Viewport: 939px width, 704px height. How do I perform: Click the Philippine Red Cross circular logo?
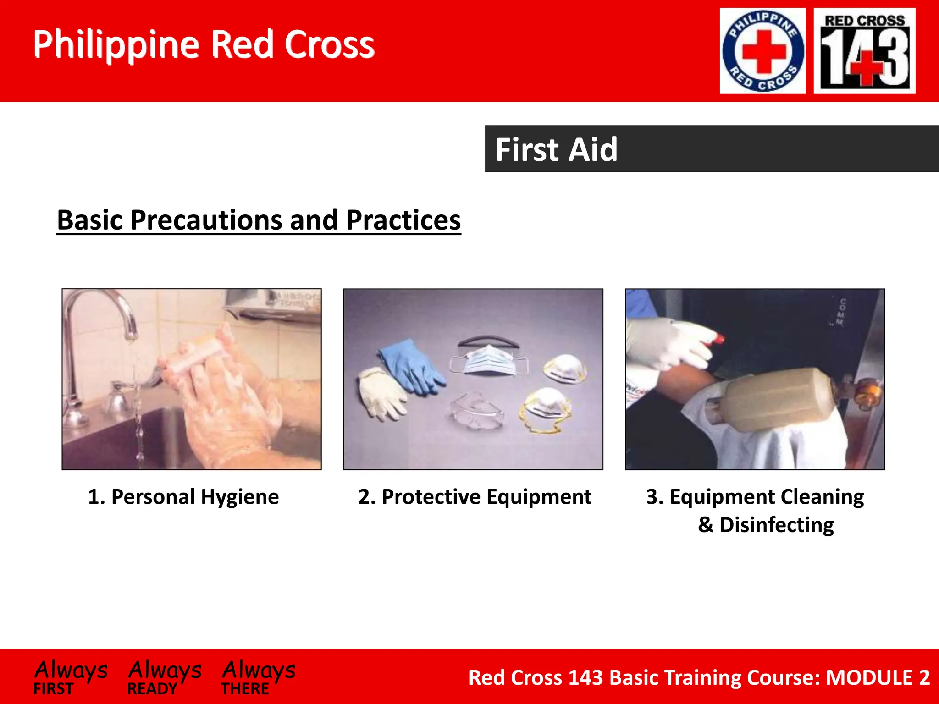(762, 51)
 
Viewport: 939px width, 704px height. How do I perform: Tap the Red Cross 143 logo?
(864, 51)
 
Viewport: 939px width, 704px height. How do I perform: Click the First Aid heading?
(556, 149)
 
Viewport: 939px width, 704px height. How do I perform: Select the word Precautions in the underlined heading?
(206, 220)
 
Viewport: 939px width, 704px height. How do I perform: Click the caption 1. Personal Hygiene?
(183, 497)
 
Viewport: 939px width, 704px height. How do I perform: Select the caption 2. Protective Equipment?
(475, 497)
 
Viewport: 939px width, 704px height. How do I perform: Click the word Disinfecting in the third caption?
(776, 525)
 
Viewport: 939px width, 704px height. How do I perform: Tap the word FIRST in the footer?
(53, 689)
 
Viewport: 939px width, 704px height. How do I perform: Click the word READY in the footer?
(152, 689)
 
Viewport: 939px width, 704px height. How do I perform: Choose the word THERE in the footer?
(245, 689)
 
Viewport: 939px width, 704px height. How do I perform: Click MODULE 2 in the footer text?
(878, 677)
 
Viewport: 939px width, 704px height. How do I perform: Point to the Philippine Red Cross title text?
(204, 44)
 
